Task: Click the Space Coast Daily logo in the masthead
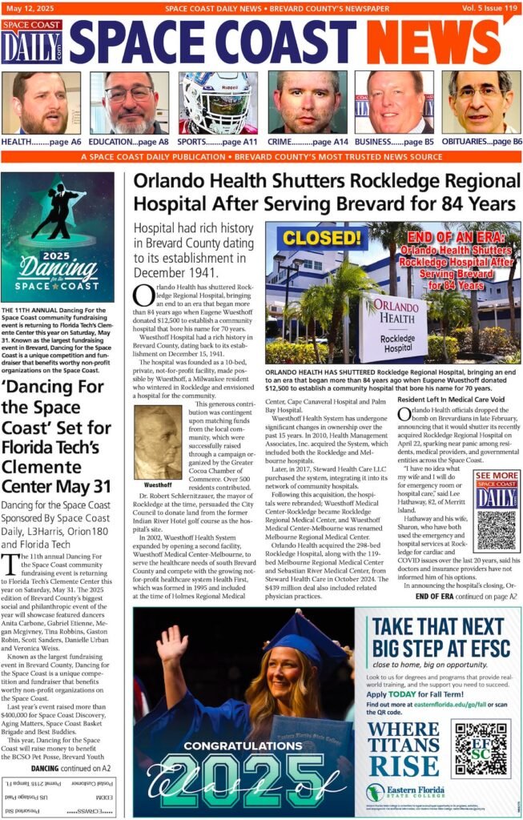31,42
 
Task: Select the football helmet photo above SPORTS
219,102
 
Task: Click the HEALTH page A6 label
42,141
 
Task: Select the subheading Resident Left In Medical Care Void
451,399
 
